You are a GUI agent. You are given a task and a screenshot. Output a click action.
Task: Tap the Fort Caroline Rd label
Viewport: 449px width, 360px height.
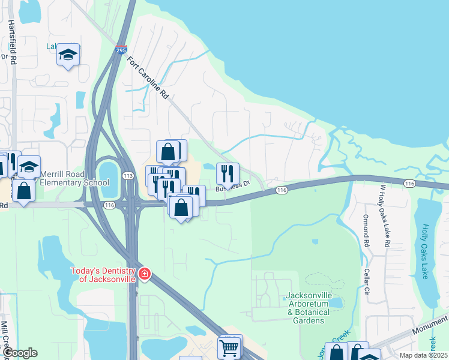pos(148,78)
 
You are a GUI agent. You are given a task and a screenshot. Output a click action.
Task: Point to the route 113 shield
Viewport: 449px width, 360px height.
pos(127,176)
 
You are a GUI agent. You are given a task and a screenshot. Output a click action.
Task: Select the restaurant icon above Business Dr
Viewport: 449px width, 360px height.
pos(228,173)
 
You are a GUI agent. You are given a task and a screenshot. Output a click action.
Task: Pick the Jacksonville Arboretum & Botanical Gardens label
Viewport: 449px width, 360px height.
pos(308,308)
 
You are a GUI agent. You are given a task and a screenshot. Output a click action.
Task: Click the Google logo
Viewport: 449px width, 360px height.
pos(19,353)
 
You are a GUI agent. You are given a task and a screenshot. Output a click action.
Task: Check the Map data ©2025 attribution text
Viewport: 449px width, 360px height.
pos(424,355)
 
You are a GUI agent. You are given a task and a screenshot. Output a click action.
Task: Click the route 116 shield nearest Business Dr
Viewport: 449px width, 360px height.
pos(282,190)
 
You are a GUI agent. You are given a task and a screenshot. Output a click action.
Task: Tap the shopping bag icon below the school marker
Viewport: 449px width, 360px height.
pos(23,191)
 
